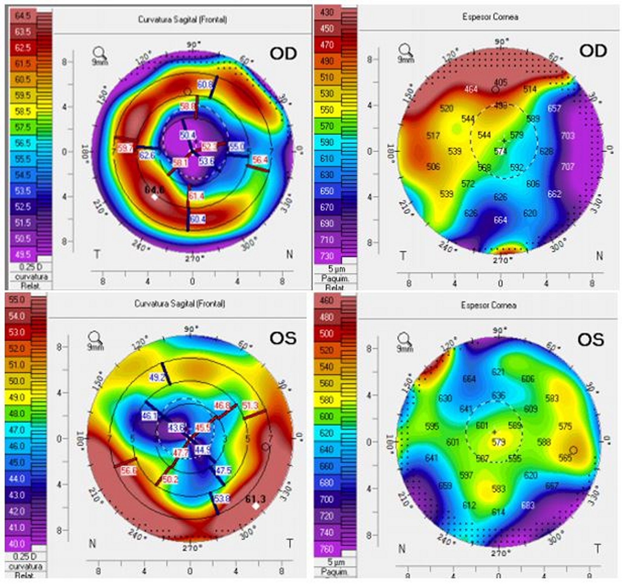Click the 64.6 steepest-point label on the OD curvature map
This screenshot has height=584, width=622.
(x=154, y=190)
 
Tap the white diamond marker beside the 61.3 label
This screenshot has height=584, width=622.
(x=256, y=506)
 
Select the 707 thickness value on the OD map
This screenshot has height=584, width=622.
(x=567, y=167)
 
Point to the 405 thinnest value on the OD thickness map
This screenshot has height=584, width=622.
(x=500, y=82)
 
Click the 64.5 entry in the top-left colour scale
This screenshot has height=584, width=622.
(x=23, y=15)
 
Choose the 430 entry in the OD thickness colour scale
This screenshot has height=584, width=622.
(x=327, y=13)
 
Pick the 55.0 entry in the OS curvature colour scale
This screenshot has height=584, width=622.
(x=17, y=300)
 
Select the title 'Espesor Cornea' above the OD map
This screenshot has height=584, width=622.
(x=490, y=17)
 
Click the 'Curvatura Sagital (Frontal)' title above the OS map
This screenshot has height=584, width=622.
(x=180, y=304)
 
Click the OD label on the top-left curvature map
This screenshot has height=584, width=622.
(x=283, y=54)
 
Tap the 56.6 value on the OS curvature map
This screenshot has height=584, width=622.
(x=128, y=471)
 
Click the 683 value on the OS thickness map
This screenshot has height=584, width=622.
(x=528, y=505)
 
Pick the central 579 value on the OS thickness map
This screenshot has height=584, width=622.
(x=498, y=442)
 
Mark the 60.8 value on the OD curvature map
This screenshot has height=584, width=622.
(x=205, y=85)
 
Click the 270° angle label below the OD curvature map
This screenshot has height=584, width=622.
(x=194, y=259)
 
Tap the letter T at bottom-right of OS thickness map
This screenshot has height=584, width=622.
(x=597, y=549)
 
